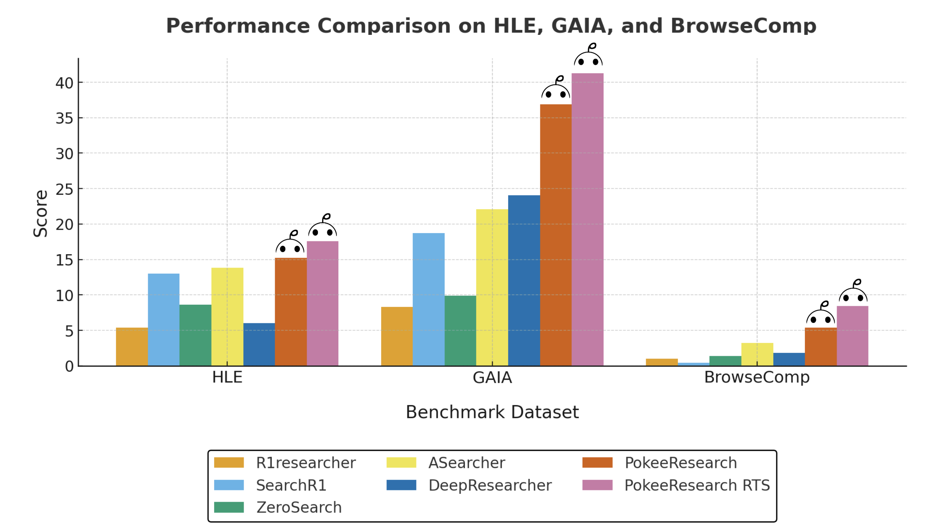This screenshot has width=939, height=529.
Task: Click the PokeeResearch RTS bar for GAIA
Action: [x=587, y=220]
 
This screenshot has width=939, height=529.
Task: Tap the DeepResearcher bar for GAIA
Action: [x=524, y=280]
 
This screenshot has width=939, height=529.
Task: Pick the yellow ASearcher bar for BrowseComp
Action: [x=757, y=354]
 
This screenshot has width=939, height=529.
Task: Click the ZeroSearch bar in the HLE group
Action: [x=195, y=335]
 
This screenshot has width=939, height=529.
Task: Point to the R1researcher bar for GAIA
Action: [x=397, y=336]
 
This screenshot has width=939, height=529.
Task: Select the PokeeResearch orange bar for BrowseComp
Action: [x=820, y=346]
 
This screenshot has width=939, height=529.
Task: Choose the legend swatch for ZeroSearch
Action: [x=229, y=507]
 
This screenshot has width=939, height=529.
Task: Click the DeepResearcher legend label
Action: [x=490, y=485]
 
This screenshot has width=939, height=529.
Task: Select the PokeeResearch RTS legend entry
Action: [x=696, y=485]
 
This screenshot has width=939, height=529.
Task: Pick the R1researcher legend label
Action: [x=305, y=463]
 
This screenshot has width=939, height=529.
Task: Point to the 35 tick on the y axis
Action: [x=64, y=119]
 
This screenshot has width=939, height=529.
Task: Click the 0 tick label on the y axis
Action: [x=69, y=366]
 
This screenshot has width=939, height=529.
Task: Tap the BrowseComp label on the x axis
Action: [x=757, y=377]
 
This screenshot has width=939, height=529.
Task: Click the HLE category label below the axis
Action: [x=227, y=377]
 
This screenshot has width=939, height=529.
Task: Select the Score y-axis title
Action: [x=41, y=213]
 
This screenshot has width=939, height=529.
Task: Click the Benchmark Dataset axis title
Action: [x=492, y=412]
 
